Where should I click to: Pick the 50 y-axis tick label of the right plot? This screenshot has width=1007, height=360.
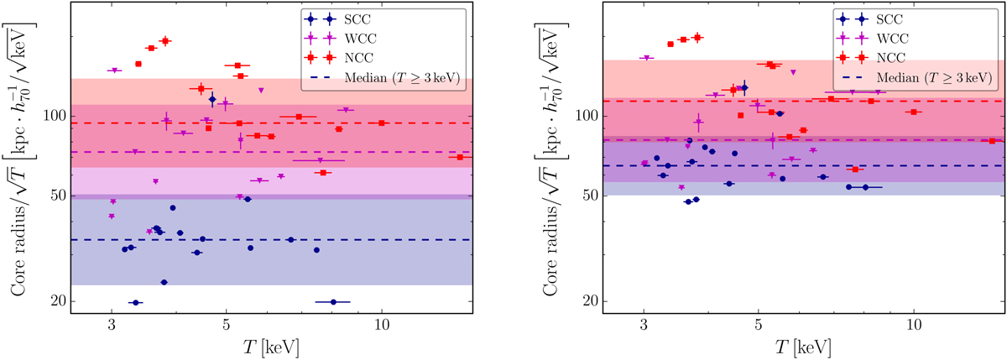(589, 196)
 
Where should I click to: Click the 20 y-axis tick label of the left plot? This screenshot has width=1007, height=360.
(55, 302)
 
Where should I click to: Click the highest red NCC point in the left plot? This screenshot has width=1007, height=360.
(164, 40)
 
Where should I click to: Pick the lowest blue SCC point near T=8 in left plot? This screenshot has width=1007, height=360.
(333, 302)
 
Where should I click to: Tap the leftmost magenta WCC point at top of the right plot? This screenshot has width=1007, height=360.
(645, 58)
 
